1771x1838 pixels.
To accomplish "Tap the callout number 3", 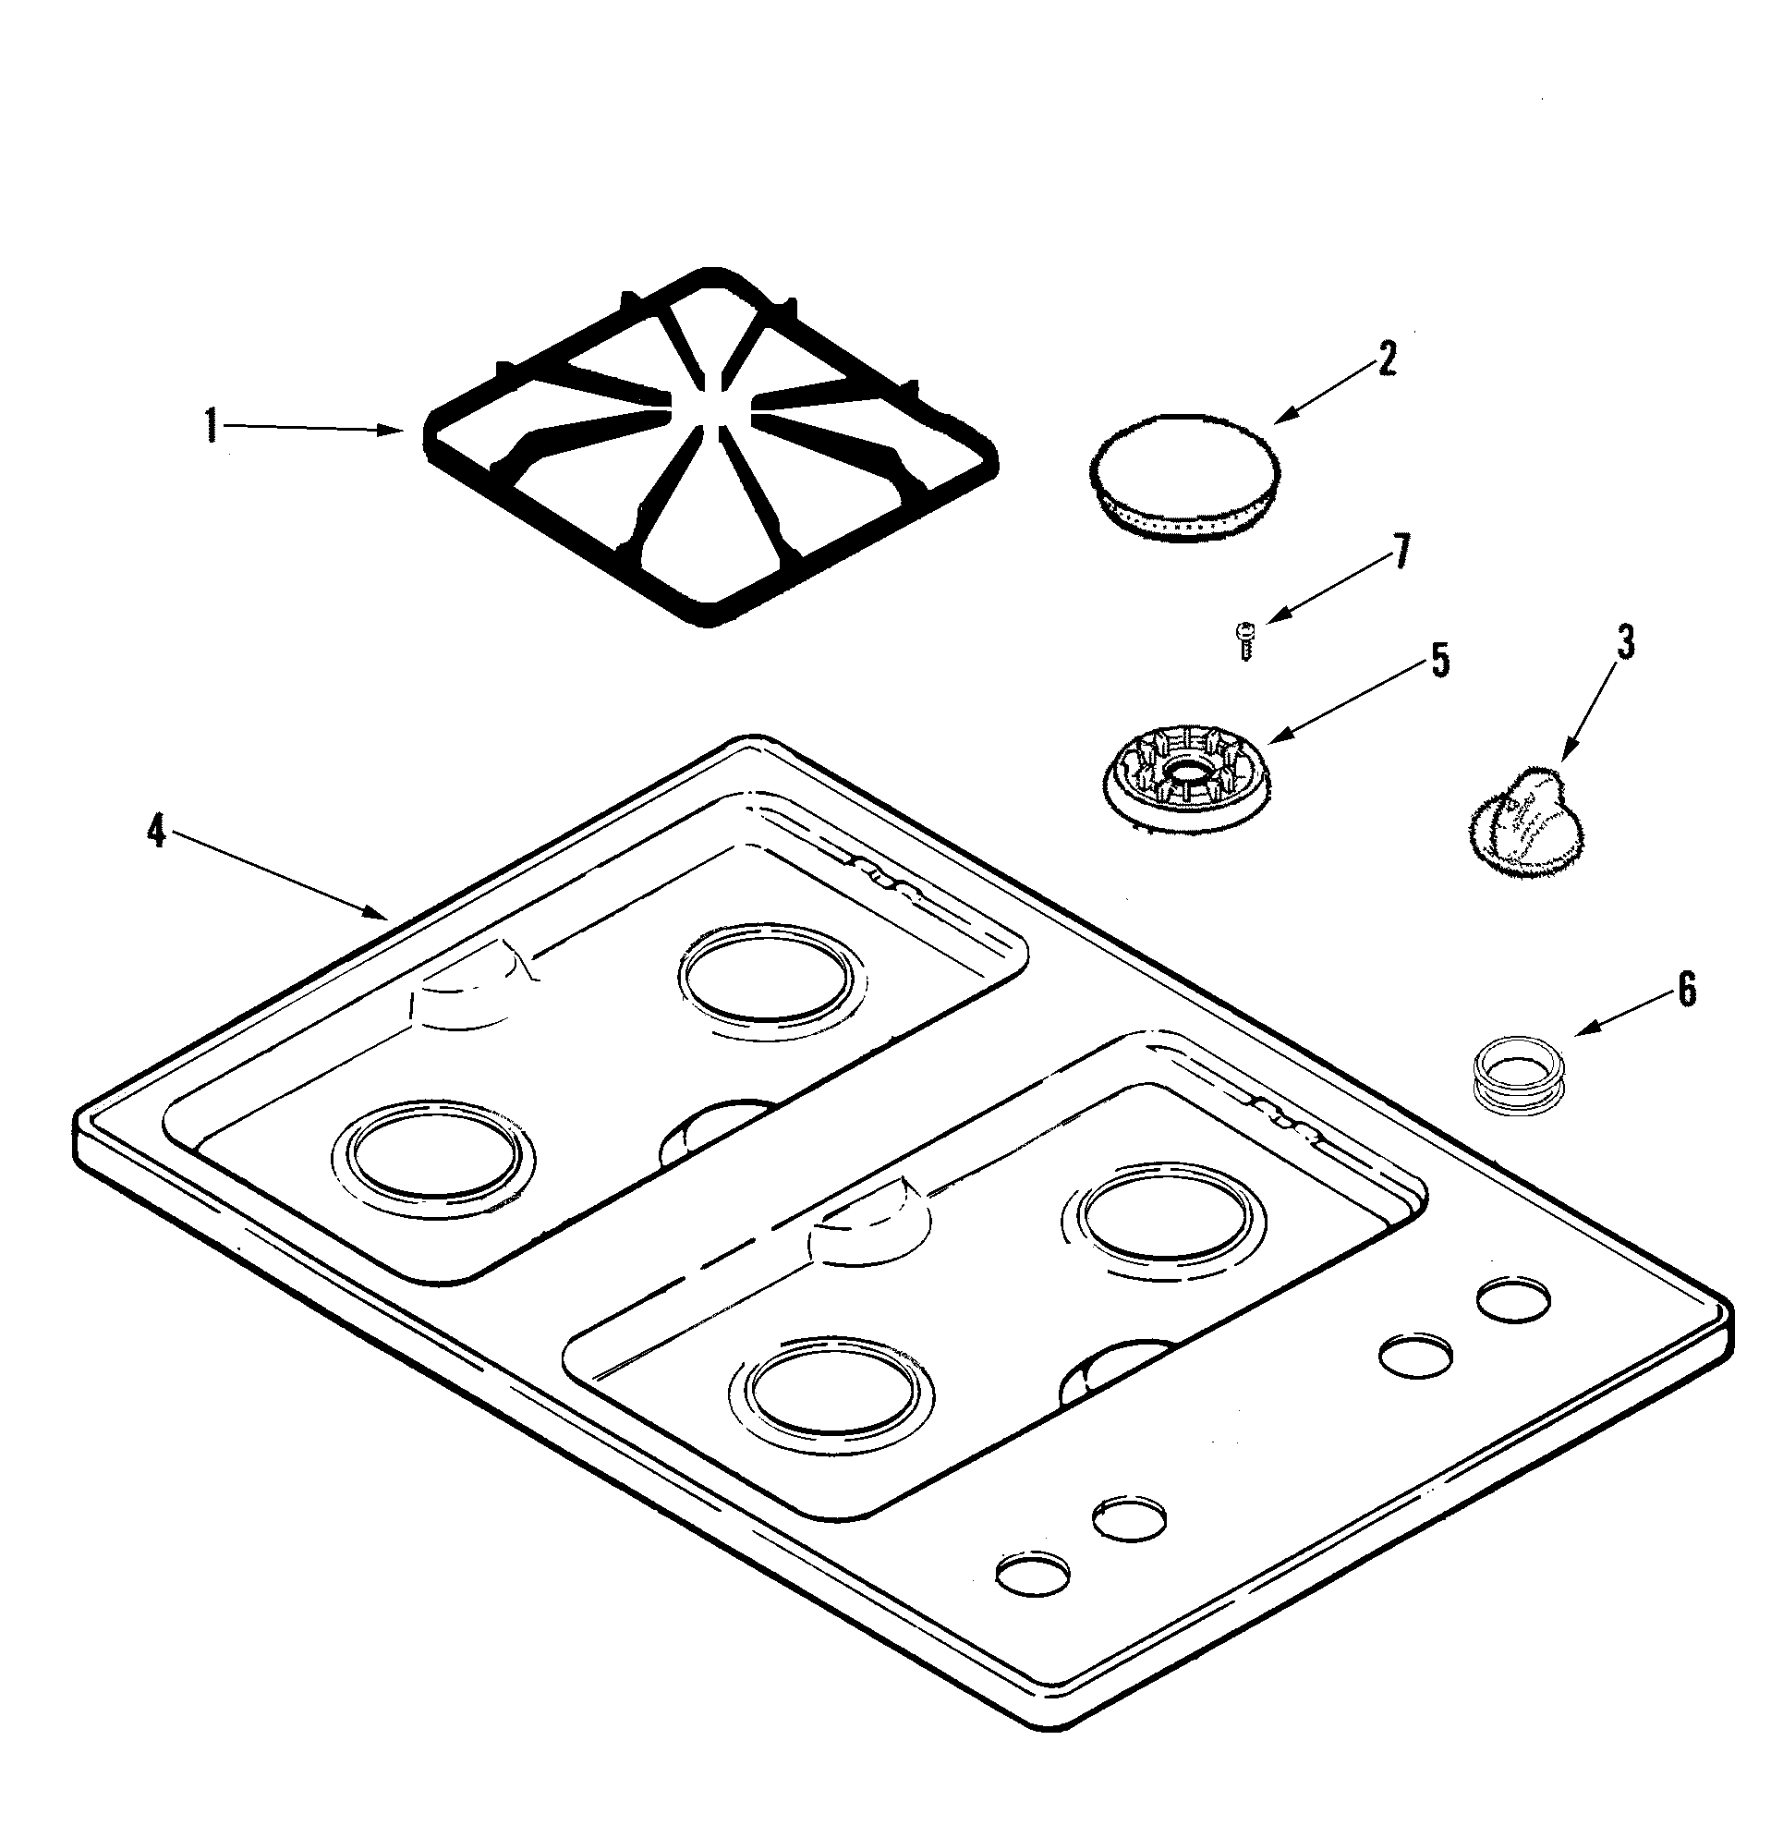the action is point(1626,643).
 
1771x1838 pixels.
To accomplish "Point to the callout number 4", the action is point(156,831).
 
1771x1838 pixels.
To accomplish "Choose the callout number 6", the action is point(1686,991).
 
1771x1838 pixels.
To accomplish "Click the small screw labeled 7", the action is point(1246,641).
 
